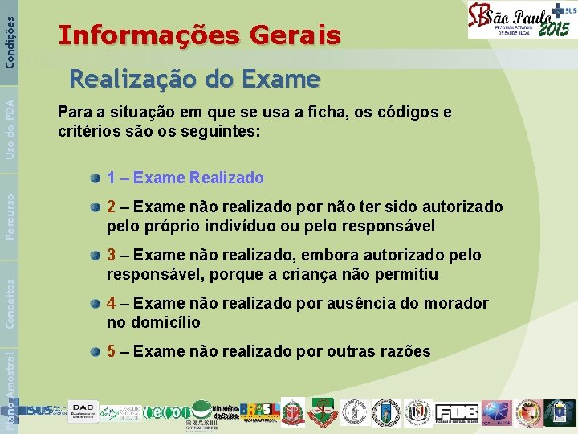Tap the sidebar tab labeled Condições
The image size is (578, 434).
tap(10, 34)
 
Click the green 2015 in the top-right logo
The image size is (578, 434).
tap(554, 29)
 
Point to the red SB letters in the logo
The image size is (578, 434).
tap(481, 19)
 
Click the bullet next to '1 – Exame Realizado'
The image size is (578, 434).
tap(96, 178)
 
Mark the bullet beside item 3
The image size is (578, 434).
tap(96, 255)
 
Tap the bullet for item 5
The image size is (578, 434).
tap(96, 351)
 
